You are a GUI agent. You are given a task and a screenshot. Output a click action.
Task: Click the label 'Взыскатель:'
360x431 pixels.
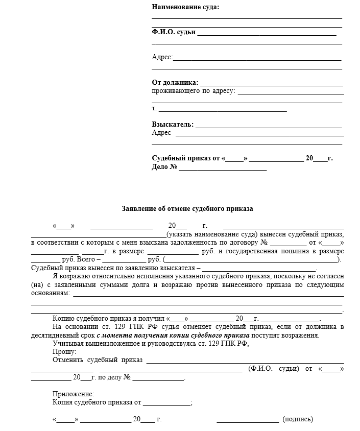pyautogui.click(x=173, y=124)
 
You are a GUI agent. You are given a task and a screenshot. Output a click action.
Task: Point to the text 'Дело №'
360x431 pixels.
pyautogui.click(x=164, y=167)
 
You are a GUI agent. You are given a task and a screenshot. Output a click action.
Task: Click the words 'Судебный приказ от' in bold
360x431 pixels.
pyautogui.click(x=186, y=158)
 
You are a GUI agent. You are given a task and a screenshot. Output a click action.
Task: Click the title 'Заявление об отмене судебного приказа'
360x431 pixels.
pyautogui.click(x=187, y=208)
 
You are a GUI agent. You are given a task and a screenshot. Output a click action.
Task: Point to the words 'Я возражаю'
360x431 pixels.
pyautogui.click(x=69, y=276)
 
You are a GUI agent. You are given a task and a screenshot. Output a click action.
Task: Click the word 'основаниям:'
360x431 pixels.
pyautogui.click(x=51, y=293)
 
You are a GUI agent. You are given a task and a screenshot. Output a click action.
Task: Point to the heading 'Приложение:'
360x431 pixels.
pyautogui.click(x=73, y=394)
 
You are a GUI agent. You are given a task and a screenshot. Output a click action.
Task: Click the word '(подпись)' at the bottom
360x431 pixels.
pyautogui.click(x=298, y=419)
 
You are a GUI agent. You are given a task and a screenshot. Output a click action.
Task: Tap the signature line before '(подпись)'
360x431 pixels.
pyautogui.click(x=248, y=421)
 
